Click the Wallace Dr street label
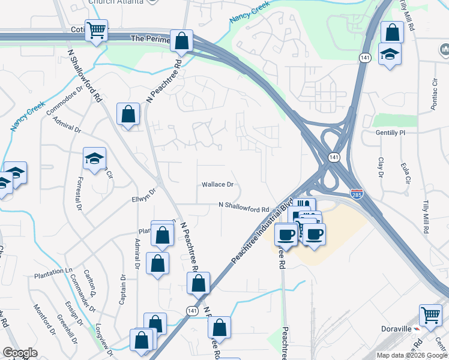pos(217,185)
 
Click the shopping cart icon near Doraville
pos(430,315)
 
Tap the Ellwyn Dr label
pos(143,194)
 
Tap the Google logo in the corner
pos(20,353)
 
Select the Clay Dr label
pos(381,167)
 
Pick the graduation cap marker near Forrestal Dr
pos(95,158)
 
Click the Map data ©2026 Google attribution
pos(411,355)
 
